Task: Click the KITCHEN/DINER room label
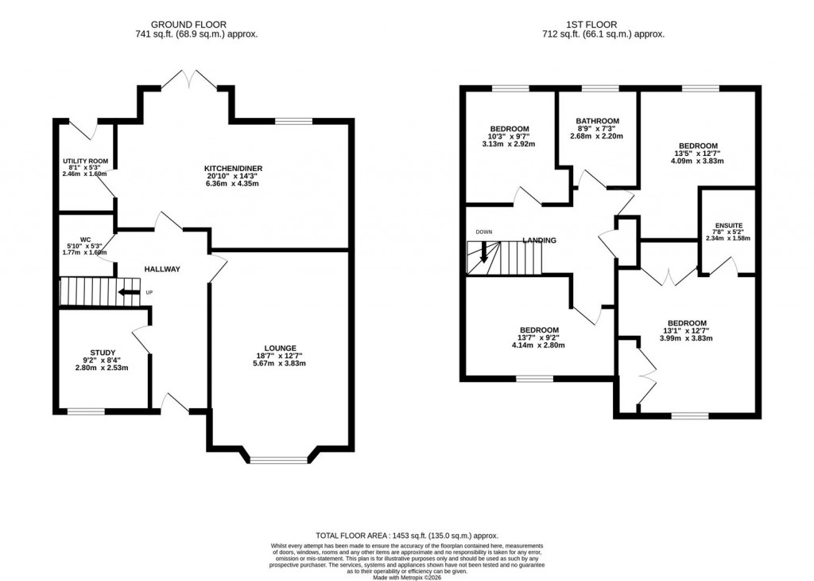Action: [233, 168]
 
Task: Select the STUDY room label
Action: [103, 353]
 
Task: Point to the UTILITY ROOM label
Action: [85, 162]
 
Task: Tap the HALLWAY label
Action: [161, 269]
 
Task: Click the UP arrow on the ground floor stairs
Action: [126, 293]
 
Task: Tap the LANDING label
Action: [539, 240]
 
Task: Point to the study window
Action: [85, 411]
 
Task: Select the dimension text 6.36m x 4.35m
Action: [233, 184]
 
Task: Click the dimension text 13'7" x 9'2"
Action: [538, 337]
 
